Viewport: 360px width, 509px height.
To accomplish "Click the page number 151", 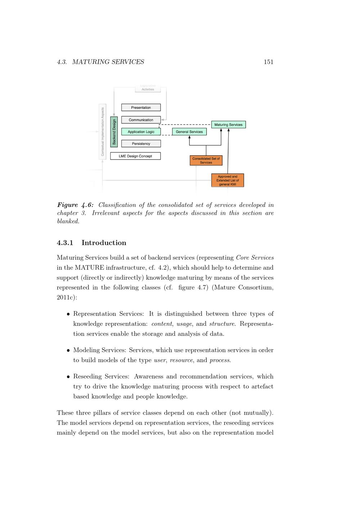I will coord(268,62).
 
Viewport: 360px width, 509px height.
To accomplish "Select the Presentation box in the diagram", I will coord(141,108).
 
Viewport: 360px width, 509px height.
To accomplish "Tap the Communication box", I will coord(141,120).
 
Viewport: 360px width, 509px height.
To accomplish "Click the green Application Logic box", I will coord(141,132).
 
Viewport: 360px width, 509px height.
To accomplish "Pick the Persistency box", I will coord(141,144).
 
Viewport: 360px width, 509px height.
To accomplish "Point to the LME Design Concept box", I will coord(135,156).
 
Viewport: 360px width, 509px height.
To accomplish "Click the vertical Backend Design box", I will coord(114,132).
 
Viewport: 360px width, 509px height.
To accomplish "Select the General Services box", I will coord(189,132).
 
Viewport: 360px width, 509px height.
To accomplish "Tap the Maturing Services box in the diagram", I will coord(228,125).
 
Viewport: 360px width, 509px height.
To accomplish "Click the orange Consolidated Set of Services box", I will coord(206,161).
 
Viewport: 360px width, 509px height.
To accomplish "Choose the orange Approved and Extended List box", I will coord(228,180).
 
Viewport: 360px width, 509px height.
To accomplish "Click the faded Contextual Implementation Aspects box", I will coord(102,131).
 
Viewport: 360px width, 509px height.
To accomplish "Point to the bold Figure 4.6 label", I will coord(75,205).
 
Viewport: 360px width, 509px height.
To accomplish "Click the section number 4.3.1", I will coord(65,243).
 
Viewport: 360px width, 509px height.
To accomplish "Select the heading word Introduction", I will coord(104,243).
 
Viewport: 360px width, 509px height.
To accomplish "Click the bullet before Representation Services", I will coord(68,314).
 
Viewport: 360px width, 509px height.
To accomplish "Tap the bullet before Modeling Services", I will coord(68,350).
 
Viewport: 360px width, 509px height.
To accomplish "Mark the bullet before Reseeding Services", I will coord(68,377).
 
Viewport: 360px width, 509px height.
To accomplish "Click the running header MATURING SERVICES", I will coord(108,62).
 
